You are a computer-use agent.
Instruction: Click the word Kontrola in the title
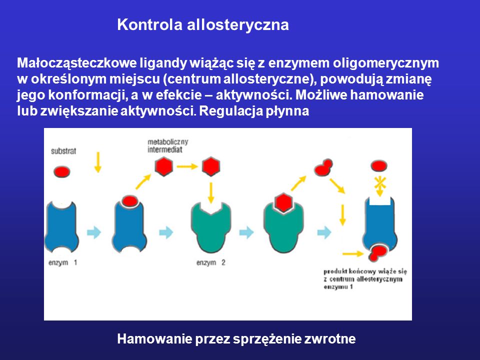click(149, 24)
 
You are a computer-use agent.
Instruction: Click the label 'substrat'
click(63, 151)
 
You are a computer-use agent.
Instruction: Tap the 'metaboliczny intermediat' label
click(168, 145)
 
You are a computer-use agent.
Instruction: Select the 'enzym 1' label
click(63, 262)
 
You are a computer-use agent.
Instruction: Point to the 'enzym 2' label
click(211, 262)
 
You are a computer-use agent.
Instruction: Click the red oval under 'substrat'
click(62, 171)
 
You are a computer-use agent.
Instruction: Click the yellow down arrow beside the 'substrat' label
click(97, 162)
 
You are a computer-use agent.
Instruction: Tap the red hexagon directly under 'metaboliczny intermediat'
click(164, 166)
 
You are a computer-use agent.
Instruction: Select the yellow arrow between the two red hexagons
click(187, 166)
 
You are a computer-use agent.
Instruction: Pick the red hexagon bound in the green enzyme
click(283, 202)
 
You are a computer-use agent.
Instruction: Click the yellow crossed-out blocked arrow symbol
click(379, 185)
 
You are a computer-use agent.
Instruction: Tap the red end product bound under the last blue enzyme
click(377, 252)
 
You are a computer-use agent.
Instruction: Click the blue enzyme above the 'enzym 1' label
click(61, 226)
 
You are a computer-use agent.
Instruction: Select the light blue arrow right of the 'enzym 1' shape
click(94, 232)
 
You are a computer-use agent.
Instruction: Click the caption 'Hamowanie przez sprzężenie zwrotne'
click(236, 339)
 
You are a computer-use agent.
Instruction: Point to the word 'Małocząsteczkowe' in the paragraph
click(77, 63)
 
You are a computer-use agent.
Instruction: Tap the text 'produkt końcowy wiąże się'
click(365, 271)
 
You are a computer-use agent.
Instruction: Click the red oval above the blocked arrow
click(379, 166)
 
